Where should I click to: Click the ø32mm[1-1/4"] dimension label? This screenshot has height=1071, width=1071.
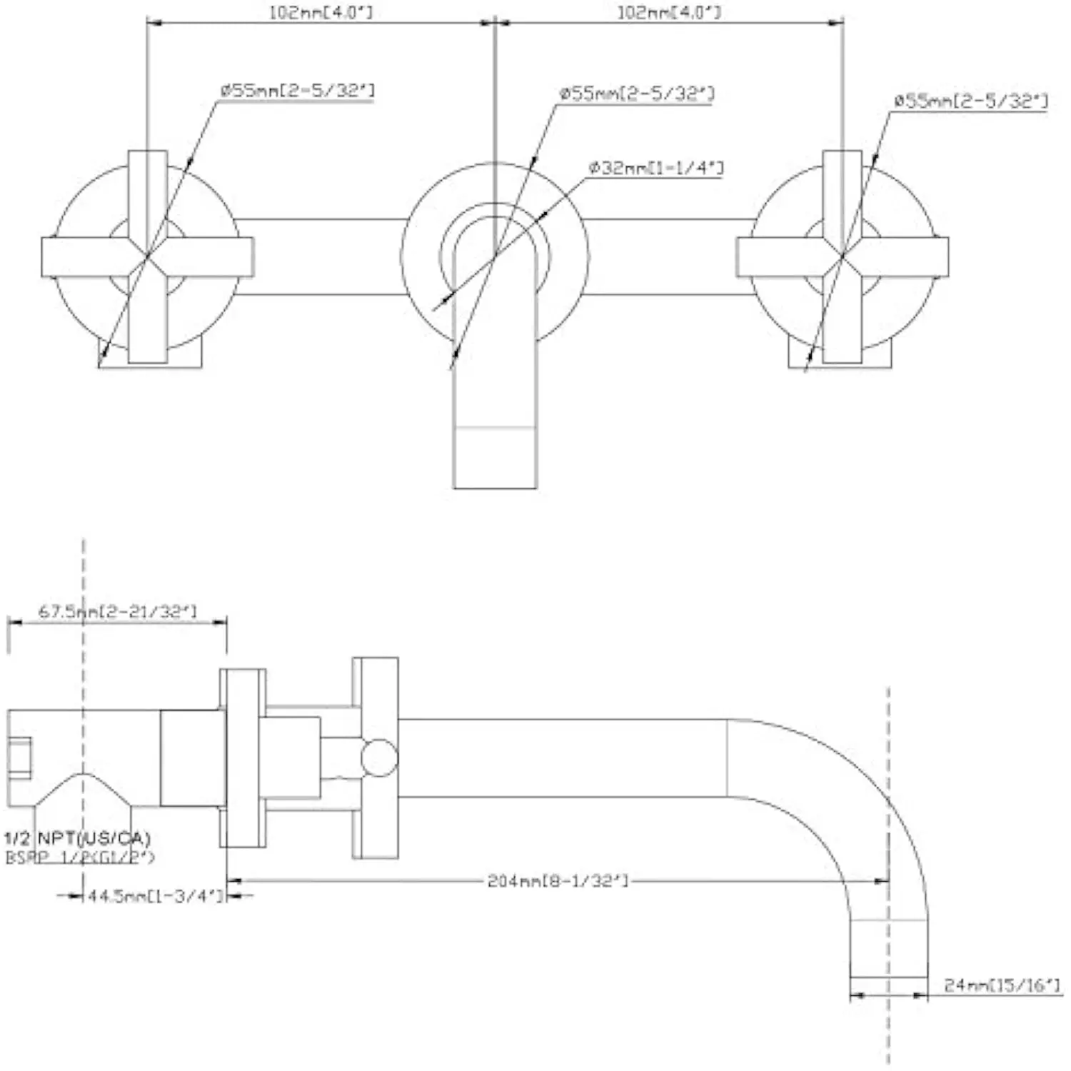tap(655, 168)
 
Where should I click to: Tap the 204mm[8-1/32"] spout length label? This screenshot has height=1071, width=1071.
tap(558, 880)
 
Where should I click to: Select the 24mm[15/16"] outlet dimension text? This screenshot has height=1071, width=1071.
tap(1002, 985)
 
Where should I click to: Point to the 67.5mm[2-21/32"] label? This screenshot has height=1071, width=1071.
tap(117, 612)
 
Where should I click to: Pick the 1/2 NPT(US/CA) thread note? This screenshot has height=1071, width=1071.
tap(78, 838)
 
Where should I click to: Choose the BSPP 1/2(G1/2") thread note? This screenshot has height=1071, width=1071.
tap(80, 858)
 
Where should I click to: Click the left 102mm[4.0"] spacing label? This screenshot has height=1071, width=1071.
tap(321, 12)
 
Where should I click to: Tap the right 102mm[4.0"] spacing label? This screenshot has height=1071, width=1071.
tap(669, 12)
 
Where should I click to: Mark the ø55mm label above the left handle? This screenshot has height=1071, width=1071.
tap(297, 91)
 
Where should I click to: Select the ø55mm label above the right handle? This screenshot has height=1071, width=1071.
tap(971, 101)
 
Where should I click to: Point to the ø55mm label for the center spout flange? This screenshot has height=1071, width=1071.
tap(637, 94)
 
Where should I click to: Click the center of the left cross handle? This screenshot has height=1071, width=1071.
tap(148, 256)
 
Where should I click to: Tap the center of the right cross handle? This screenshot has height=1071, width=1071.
tap(843, 256)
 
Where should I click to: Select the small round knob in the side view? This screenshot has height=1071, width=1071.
tap(378, 758)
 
